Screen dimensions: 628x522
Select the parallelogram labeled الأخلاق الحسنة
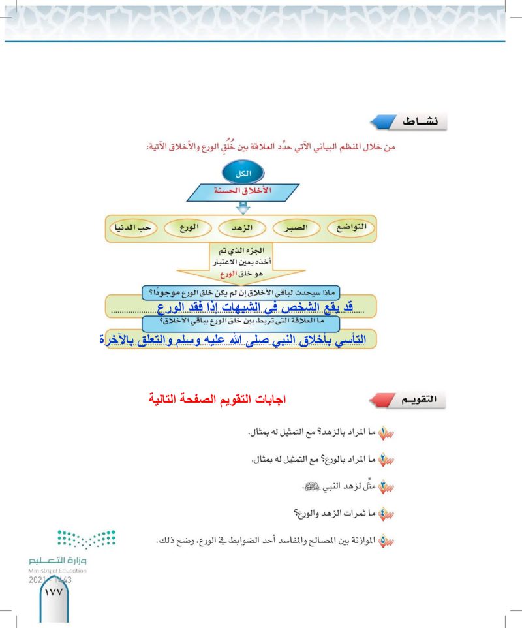[243, 192]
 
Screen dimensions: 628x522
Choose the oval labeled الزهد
[241, 228]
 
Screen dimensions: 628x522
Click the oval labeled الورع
[188, 228]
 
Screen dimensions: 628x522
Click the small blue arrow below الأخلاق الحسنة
[243, 208]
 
